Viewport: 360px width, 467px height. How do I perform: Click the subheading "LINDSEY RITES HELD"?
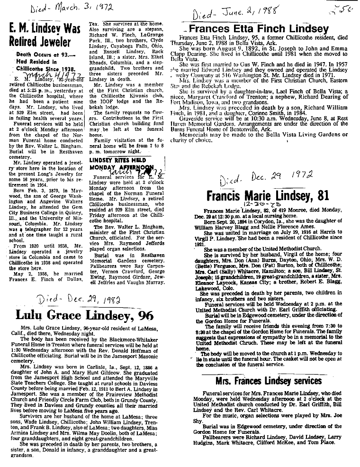point(113,161)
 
